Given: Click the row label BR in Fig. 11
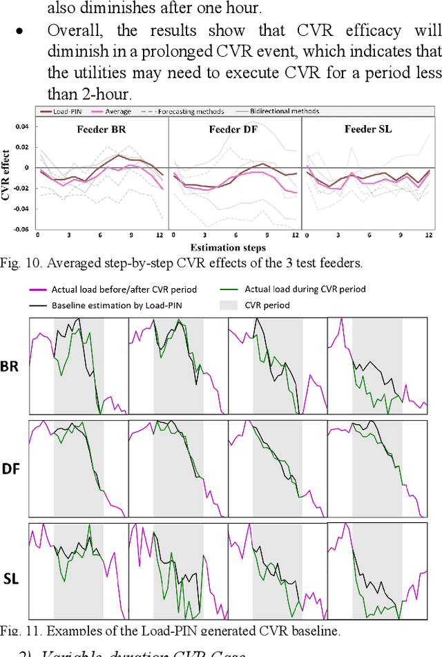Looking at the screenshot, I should point(11,366).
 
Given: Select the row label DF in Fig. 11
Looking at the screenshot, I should point(11,469).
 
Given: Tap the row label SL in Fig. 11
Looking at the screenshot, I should point(11,578).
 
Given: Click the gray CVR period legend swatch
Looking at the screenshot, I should point(230,305).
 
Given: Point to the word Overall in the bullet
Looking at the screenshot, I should point(72,31).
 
